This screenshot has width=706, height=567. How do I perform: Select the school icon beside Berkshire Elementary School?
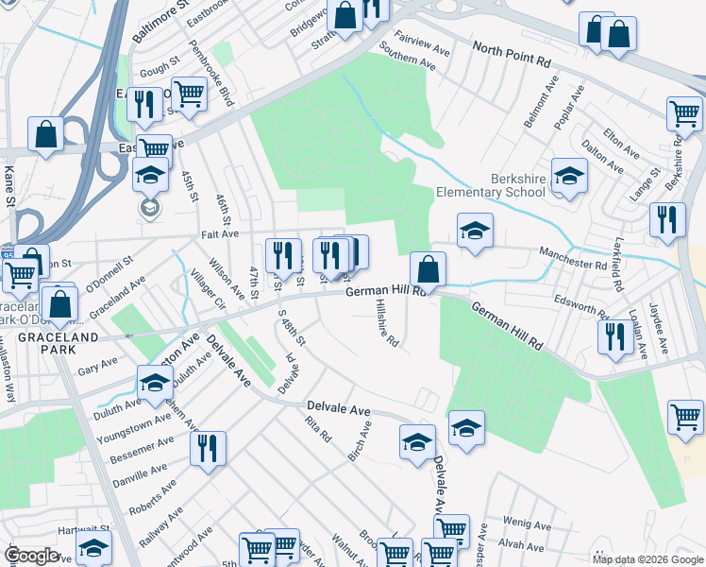569,176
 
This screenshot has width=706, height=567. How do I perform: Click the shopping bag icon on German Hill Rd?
428,268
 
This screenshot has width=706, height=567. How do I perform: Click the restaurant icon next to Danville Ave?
208,449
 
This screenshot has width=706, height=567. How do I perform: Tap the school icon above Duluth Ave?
155,383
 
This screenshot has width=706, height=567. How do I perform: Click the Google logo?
32,556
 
